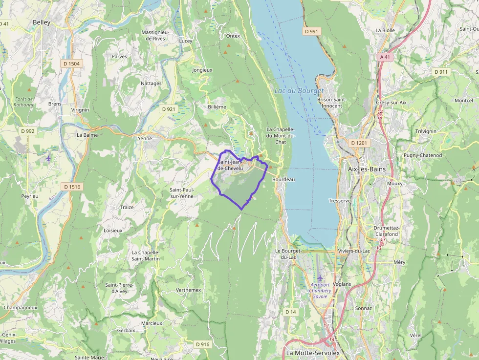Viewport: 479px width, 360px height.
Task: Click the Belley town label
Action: [42, 22]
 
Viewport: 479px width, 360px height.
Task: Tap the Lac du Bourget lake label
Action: [299, 91]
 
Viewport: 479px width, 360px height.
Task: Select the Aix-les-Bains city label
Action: [366, 169]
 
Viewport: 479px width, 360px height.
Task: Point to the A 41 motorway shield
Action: [385, 57]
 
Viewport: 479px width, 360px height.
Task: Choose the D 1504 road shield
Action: [71, 64]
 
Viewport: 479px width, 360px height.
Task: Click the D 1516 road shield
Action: [71, 187]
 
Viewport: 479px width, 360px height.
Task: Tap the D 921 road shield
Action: [168, 109]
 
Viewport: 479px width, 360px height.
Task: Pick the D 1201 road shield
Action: [358, 143]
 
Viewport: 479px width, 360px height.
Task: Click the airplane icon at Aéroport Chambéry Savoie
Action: [320, 278]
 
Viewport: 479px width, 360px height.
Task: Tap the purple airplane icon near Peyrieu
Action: [48, 158]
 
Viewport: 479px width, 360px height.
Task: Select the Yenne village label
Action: [145, 138]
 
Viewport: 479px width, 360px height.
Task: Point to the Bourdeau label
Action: [283, 179]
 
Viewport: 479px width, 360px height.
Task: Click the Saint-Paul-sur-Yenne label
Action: [181, 193]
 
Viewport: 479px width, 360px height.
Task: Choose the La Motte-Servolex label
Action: [313, 353]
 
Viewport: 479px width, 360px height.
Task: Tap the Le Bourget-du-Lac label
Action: [286, 254]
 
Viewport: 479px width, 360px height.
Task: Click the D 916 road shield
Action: [202, 344]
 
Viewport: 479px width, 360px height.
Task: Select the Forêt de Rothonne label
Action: [24, 102]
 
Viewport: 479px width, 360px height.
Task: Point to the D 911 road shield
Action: [441, 72]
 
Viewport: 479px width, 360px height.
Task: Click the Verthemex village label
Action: [188, 290]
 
